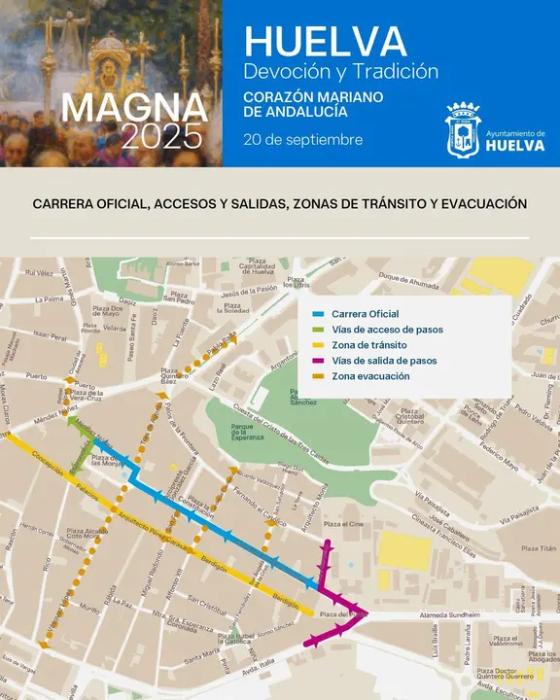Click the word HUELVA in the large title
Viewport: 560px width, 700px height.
click(x=325, y=41)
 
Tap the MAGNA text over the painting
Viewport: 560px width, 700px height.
click(x=135, y=107)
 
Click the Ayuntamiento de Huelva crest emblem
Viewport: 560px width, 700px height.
click(x=462, y=130)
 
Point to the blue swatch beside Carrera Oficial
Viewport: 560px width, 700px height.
click(x=320, y=315)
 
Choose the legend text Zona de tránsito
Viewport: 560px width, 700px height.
click(x=368, y=345)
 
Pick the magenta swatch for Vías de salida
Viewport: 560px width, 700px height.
click(x=320, y=361)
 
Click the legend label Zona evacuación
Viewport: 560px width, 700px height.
click(x=370, y=376)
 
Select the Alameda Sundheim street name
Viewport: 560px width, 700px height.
click(x=450, y=615)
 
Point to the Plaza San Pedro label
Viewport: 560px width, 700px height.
click(x=179, y=297)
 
